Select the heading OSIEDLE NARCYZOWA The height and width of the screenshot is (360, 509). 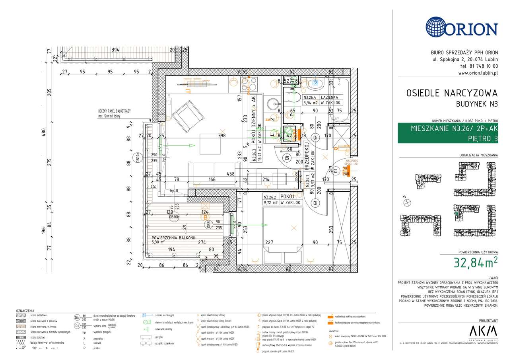(452, 93)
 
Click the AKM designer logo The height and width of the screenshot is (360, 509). (483, 331)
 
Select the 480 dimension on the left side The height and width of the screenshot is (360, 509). (44, 132)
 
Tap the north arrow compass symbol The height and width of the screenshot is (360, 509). (407, 202)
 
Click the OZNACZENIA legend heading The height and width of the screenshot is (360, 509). (25, 311)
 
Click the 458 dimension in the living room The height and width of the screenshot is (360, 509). (230, 174)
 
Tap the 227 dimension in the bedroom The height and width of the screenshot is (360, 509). (269, 241)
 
